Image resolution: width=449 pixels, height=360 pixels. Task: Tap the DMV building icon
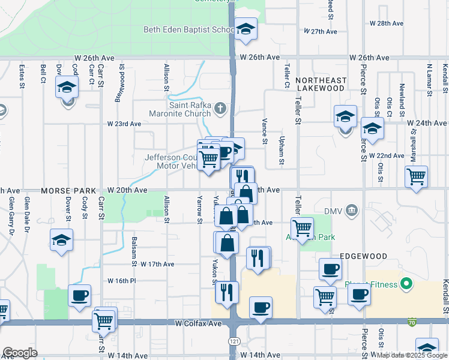[352, 210]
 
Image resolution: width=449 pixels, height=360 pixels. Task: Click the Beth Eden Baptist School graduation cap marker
[245, 29]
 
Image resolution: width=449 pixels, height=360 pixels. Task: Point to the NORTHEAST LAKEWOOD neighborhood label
[321, 84]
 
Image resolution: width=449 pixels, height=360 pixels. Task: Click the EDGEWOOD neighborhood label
[363, 256]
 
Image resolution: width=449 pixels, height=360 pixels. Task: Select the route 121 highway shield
[232, 340]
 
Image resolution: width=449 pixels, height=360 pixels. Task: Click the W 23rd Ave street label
[124, 124]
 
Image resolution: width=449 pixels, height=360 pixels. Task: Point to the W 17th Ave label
[157, 264]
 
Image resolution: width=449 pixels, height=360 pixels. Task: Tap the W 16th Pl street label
[122, 280]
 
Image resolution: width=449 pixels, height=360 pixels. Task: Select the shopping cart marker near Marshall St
[416, 177]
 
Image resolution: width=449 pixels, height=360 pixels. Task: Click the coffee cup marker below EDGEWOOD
[330, 269]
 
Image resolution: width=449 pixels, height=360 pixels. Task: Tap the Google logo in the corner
[20, 353]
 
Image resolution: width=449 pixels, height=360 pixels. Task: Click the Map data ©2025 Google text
[411, 355]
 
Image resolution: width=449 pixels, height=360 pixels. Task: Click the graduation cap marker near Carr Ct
[67, 87]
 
